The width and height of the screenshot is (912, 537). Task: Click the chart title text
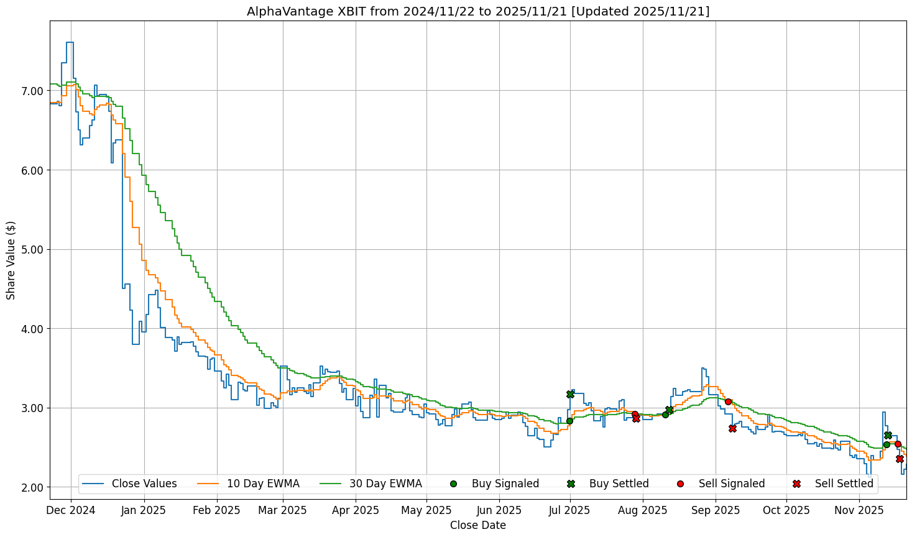pos(477,11)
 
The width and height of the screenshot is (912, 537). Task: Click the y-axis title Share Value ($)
pos(11,260)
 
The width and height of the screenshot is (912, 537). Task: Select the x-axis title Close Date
pos(477,525)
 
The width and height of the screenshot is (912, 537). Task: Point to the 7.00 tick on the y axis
pos(33,91)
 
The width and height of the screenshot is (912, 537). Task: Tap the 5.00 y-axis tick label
pos(33,249)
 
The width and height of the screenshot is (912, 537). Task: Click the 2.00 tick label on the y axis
pos(33,487)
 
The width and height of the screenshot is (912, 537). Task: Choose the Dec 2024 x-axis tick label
pos(71,510)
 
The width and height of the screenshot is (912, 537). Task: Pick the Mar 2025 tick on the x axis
pos(283,510)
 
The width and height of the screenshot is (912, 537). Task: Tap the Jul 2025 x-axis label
pos(570,510)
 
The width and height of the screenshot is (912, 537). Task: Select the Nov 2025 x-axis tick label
pos(859,510)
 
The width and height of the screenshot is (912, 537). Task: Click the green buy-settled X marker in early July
pos(570,394)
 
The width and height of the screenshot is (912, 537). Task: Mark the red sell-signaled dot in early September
pos(728,402)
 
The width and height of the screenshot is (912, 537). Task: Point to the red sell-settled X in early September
pos(732,428)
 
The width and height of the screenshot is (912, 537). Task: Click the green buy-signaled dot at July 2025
pos(569,421)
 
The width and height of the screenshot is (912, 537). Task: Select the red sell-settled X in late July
pos(636,418)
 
